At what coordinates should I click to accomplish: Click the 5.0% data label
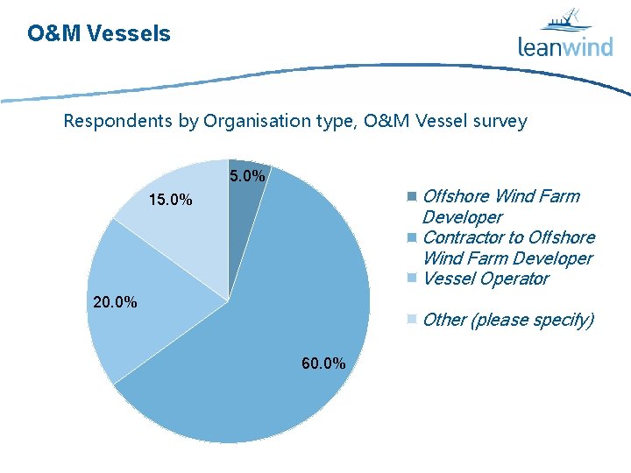click(x=247, y=177)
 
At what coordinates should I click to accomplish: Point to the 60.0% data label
click(x=323, y=364)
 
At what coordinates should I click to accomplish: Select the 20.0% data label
click(x=115, y=303)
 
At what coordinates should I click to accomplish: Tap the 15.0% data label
click(x=170, y=201)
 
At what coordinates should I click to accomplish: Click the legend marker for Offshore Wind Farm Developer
click(x=412, y=196)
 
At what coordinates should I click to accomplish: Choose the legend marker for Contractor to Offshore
click(x=412, y=237)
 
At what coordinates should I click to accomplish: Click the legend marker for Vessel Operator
click(x=412, y=279)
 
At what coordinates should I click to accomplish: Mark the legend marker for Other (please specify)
click(x=412, y=320)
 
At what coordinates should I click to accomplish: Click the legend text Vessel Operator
click(x=486, y=279)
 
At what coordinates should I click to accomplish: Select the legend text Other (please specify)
click(x=508, y=320)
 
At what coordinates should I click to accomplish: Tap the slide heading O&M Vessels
click(x=99, y=34)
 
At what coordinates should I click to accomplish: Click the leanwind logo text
click(x=565, y=46)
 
